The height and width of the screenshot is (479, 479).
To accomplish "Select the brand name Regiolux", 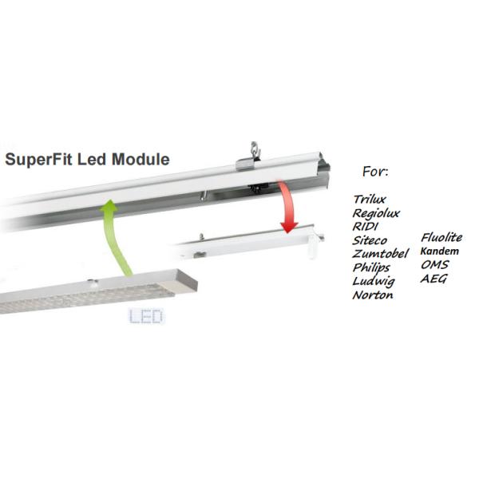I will coord(378,214).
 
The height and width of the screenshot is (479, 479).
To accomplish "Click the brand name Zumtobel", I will coord(381,254).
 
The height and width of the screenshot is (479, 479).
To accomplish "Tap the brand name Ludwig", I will coord(373,282).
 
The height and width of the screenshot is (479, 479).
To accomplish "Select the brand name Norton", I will coord(372,295).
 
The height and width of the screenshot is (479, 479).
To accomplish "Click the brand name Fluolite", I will coord(441,237).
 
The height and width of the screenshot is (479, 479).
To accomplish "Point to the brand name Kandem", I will coord(438,251).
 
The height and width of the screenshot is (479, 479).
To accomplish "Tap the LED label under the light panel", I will coord(145,317).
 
